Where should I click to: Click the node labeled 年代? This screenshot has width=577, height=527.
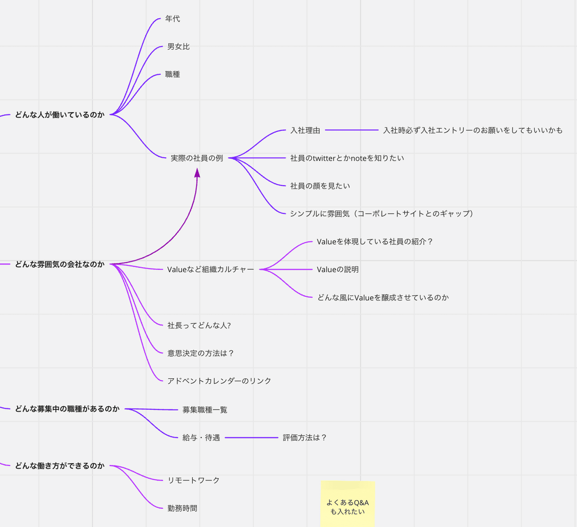(x=172, y=19)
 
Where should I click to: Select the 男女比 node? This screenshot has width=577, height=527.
(x=178, y=47)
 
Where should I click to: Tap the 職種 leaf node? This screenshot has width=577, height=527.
(x=172, y=75)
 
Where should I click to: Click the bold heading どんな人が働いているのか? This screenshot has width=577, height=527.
(x=60, y=115)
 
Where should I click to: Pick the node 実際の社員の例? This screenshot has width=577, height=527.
(x=197, y=158)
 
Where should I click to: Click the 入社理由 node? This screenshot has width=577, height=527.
(x=305, y=130)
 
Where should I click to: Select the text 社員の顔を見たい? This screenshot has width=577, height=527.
(x=320, y=186)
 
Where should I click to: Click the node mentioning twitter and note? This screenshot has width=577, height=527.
(x=347, y=158)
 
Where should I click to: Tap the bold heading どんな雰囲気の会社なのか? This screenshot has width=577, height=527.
(x=60, y=264)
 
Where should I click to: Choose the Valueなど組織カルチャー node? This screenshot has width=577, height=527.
(x=210, y=270)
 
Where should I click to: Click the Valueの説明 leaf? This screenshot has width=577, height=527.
(x=338, y=270)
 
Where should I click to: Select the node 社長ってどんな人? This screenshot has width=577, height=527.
(x=199, y=326)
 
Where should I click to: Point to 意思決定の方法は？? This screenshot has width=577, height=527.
(x=201, y=353)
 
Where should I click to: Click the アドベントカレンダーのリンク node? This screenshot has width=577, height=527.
(x=219, y=381)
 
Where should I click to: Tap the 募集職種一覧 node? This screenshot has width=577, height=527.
(x=205, y=410)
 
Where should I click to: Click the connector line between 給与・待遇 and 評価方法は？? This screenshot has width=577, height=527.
(x=251, y=438)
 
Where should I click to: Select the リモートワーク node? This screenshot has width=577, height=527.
(x=193, y=480)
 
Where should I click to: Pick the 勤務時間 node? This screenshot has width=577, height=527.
(x=182, y=508)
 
